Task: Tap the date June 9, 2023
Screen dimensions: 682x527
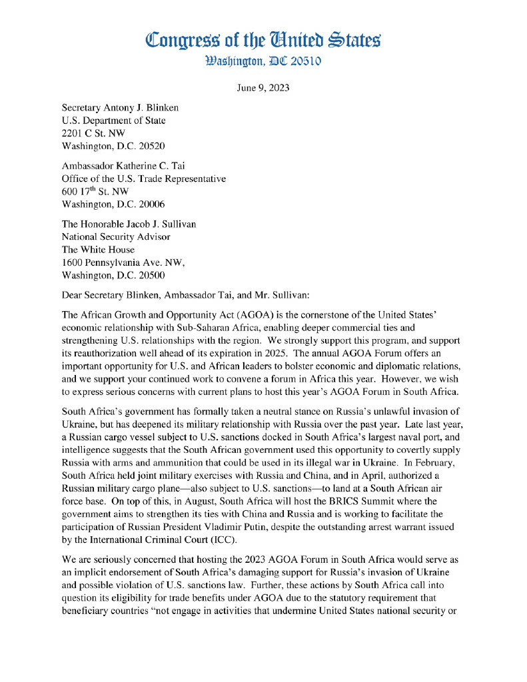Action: click(263, 88)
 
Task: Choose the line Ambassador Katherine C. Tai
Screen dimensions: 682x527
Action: click(125, 166)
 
